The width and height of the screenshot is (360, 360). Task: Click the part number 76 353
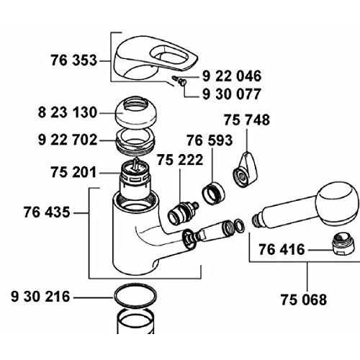pyautogui.click(x=73, y=60)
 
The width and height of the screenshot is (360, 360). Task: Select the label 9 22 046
pyautogui.click(x=232, y=76)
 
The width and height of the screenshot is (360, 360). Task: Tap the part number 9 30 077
pyautogui.click(x=232, y=94)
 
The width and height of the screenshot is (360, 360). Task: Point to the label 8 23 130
pyautogui.click(x=68, y=112)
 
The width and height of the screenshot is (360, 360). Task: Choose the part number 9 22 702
pyautogui.click(x=68, y=140)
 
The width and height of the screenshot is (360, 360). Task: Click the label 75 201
pyautogui.click(x=73, y=172)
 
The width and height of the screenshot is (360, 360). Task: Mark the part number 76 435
pyautogui.click(x=47, y=212)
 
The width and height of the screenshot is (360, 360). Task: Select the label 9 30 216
pyautogui.click(x=40, y=297)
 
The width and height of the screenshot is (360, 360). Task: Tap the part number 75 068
pyautogui.click(x=304, y=300)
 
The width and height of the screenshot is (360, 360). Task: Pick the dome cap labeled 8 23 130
pyautogui.click(x=136, y=112)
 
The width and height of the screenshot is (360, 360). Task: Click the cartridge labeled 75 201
pyautogui.click(x=135, y=179)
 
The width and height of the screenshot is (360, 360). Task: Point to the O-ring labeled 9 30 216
pyautogui.click(x=135, y=296)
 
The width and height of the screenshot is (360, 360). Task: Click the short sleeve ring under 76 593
pyautogui.click(x=213, y=194)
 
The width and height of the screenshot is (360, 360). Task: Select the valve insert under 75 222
pyautogui.click(x=183, y=213)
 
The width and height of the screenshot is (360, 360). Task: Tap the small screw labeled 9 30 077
pyautogui.click(x=182, y=82)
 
